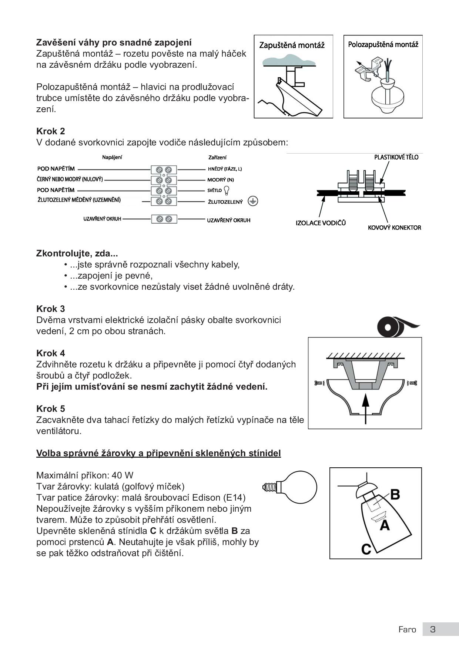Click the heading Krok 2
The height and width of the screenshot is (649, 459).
tap(51, 131)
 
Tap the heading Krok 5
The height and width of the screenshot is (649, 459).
tap(51, 409)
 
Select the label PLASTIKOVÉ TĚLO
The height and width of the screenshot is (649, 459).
tap(396, 157)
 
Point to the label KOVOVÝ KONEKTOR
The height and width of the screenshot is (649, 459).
tap(394, 228)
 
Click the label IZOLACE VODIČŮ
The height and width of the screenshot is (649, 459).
tap(321, 223)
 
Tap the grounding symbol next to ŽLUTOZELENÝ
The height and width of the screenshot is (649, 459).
tap(253, 201)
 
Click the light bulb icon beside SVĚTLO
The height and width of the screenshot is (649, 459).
tap(227, 190)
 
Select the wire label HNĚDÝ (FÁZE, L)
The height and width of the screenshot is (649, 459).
tap(225, 169)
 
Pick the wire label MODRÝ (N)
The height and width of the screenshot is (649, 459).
tap(221, 180)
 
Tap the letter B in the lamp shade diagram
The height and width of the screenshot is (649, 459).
tap(395, 494)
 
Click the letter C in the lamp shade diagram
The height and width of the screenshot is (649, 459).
tap(366, 549)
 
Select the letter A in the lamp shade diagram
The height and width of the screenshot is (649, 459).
tap(385, 525)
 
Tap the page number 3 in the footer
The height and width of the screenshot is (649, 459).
tap(433, 629)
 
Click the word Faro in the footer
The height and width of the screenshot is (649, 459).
tap(407, 629)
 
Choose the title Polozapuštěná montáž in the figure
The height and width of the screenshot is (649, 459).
tap(383, 45)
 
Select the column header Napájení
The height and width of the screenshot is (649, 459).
tap(112, 157)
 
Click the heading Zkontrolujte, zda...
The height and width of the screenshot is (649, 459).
tap(77, 253)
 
